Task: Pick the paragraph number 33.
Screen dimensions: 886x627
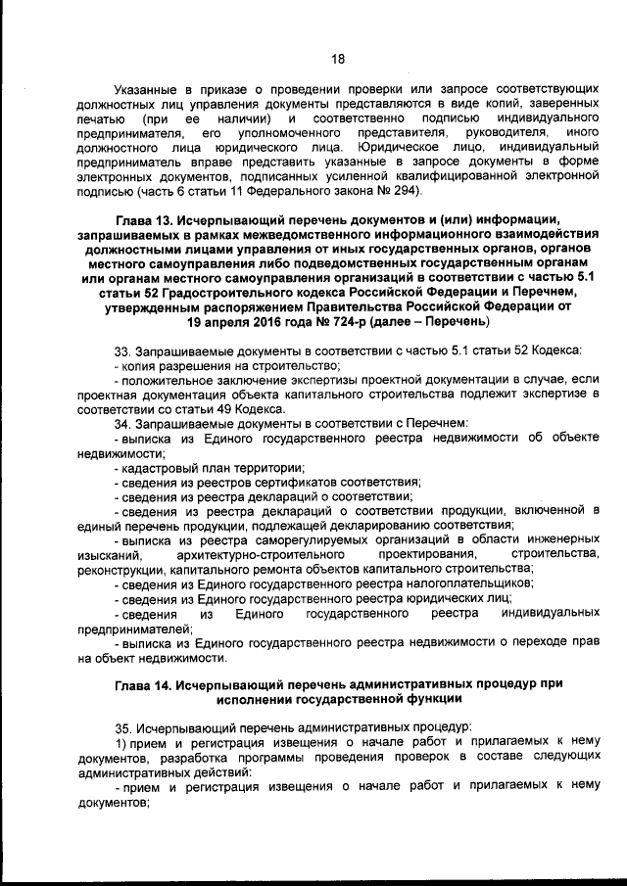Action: (122, 350)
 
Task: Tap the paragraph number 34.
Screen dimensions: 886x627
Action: (122, 422)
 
